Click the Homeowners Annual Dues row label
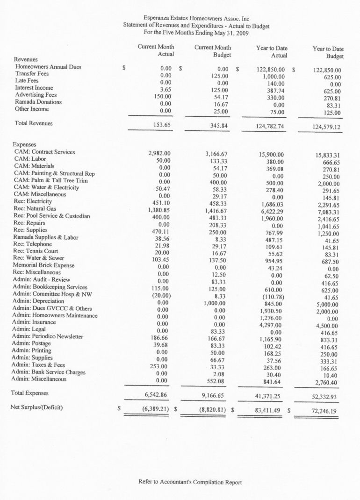(48, 67)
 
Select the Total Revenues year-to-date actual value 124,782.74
(267, 126)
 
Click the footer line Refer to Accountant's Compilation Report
(190, 482)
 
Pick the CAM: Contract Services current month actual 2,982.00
(159, 153)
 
